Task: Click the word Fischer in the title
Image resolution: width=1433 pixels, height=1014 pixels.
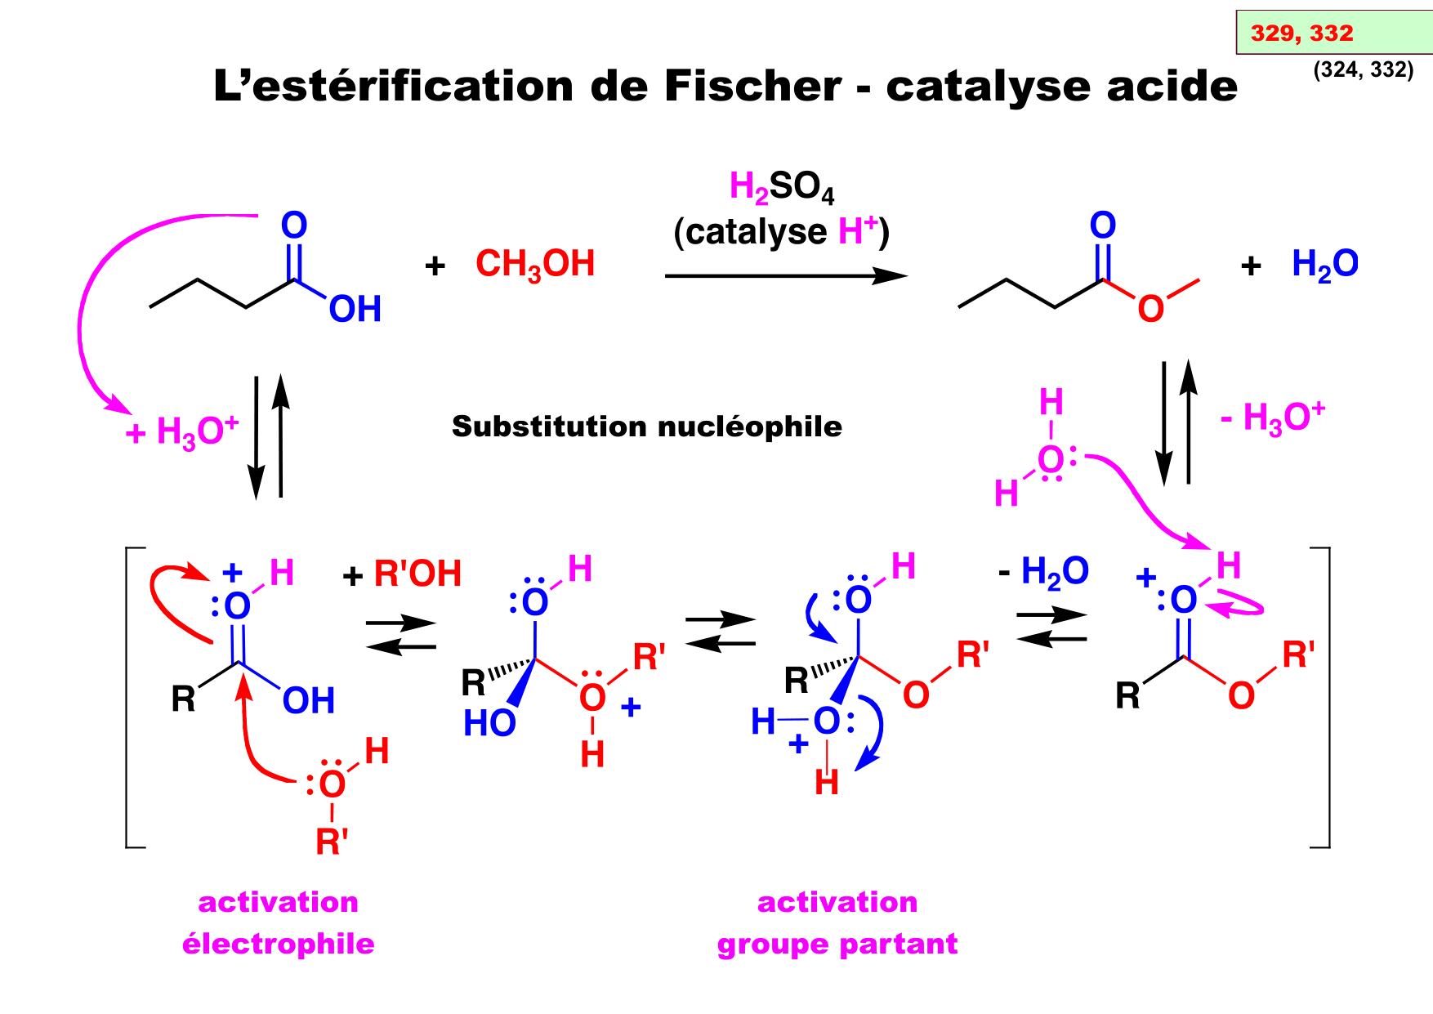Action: (x=752, y=86)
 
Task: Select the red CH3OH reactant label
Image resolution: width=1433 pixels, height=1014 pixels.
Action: (x=535, y=265)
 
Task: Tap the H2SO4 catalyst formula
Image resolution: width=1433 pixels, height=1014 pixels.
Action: (x=782, y=188)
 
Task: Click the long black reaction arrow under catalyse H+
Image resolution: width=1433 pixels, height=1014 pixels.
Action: (x=785, y=276)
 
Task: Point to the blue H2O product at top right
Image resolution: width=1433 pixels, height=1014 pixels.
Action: (x=1324, y=265)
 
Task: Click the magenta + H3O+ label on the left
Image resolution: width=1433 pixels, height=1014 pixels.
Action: (x=182, y=431)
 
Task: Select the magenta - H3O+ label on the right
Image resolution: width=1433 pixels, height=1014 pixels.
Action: (x=1272, y=418)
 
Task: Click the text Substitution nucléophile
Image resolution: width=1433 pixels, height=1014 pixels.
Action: (x=646, y=427)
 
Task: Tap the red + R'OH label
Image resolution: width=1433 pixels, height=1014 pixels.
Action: (x=403, y=574)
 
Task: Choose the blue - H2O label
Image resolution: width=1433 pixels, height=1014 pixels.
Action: (x=1044, y=572)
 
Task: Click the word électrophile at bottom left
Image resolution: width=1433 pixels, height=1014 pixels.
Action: (x=278, y=944)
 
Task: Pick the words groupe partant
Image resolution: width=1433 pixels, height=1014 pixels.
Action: (x=837, y=944)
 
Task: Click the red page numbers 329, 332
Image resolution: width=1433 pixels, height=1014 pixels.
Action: (x=1301, y=33)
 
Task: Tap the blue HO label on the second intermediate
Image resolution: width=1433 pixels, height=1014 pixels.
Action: (x=489, y=723)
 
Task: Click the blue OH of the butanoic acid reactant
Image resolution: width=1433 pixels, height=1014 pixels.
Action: (x=355, y=310)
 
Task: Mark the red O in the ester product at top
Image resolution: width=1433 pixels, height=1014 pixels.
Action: (x=1150, y=310)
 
